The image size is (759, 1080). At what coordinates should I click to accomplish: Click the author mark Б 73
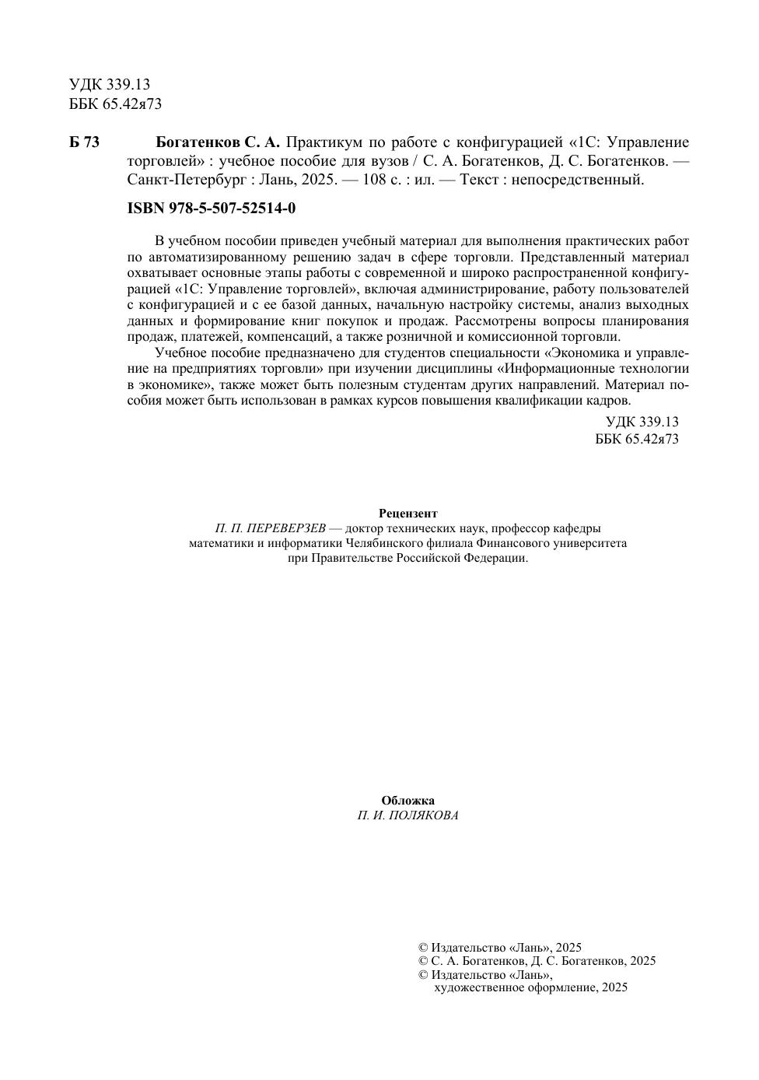coord(84,142)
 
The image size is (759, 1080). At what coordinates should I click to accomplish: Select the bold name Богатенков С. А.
coord(218,142)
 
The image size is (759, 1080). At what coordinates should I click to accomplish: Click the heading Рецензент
coord(408,514)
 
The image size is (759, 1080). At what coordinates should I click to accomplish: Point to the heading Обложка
coord(408,801)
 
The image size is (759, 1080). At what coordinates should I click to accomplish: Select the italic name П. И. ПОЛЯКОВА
coord(408,815)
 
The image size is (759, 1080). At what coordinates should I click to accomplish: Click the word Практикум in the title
coord(320,142)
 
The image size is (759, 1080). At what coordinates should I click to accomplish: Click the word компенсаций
coord(291,337)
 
